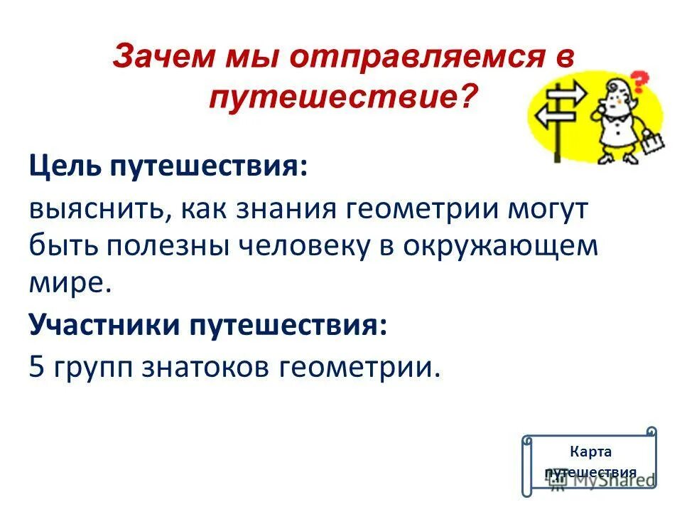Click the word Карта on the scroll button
(x=590, y=452)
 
